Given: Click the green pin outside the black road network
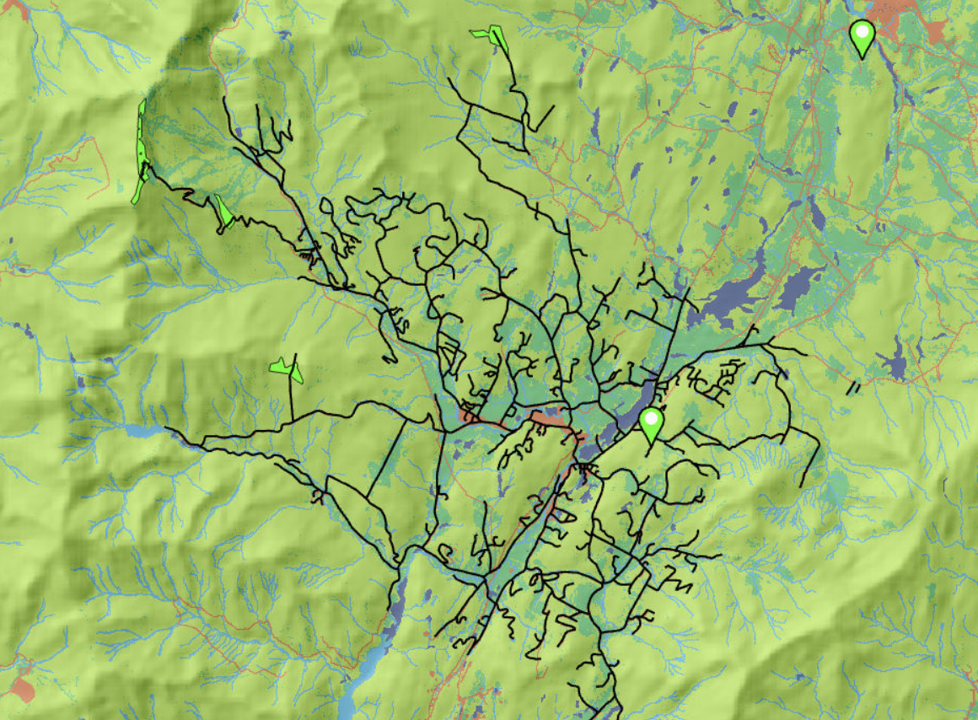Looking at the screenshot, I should click(x=861, y=37).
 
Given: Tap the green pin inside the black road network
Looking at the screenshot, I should click(x=650, y=424).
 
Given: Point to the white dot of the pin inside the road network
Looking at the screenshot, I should click(x=650, y=417).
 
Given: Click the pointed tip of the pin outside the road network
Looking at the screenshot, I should click(x=861, y=58).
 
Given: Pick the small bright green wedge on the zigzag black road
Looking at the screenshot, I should click(x=223, y=212).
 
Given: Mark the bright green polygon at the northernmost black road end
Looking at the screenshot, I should click(x=490, y=35).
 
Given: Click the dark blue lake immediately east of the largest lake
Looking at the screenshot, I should click(x=798, y=287).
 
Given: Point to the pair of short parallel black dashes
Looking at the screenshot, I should click(x=853, y=389).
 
